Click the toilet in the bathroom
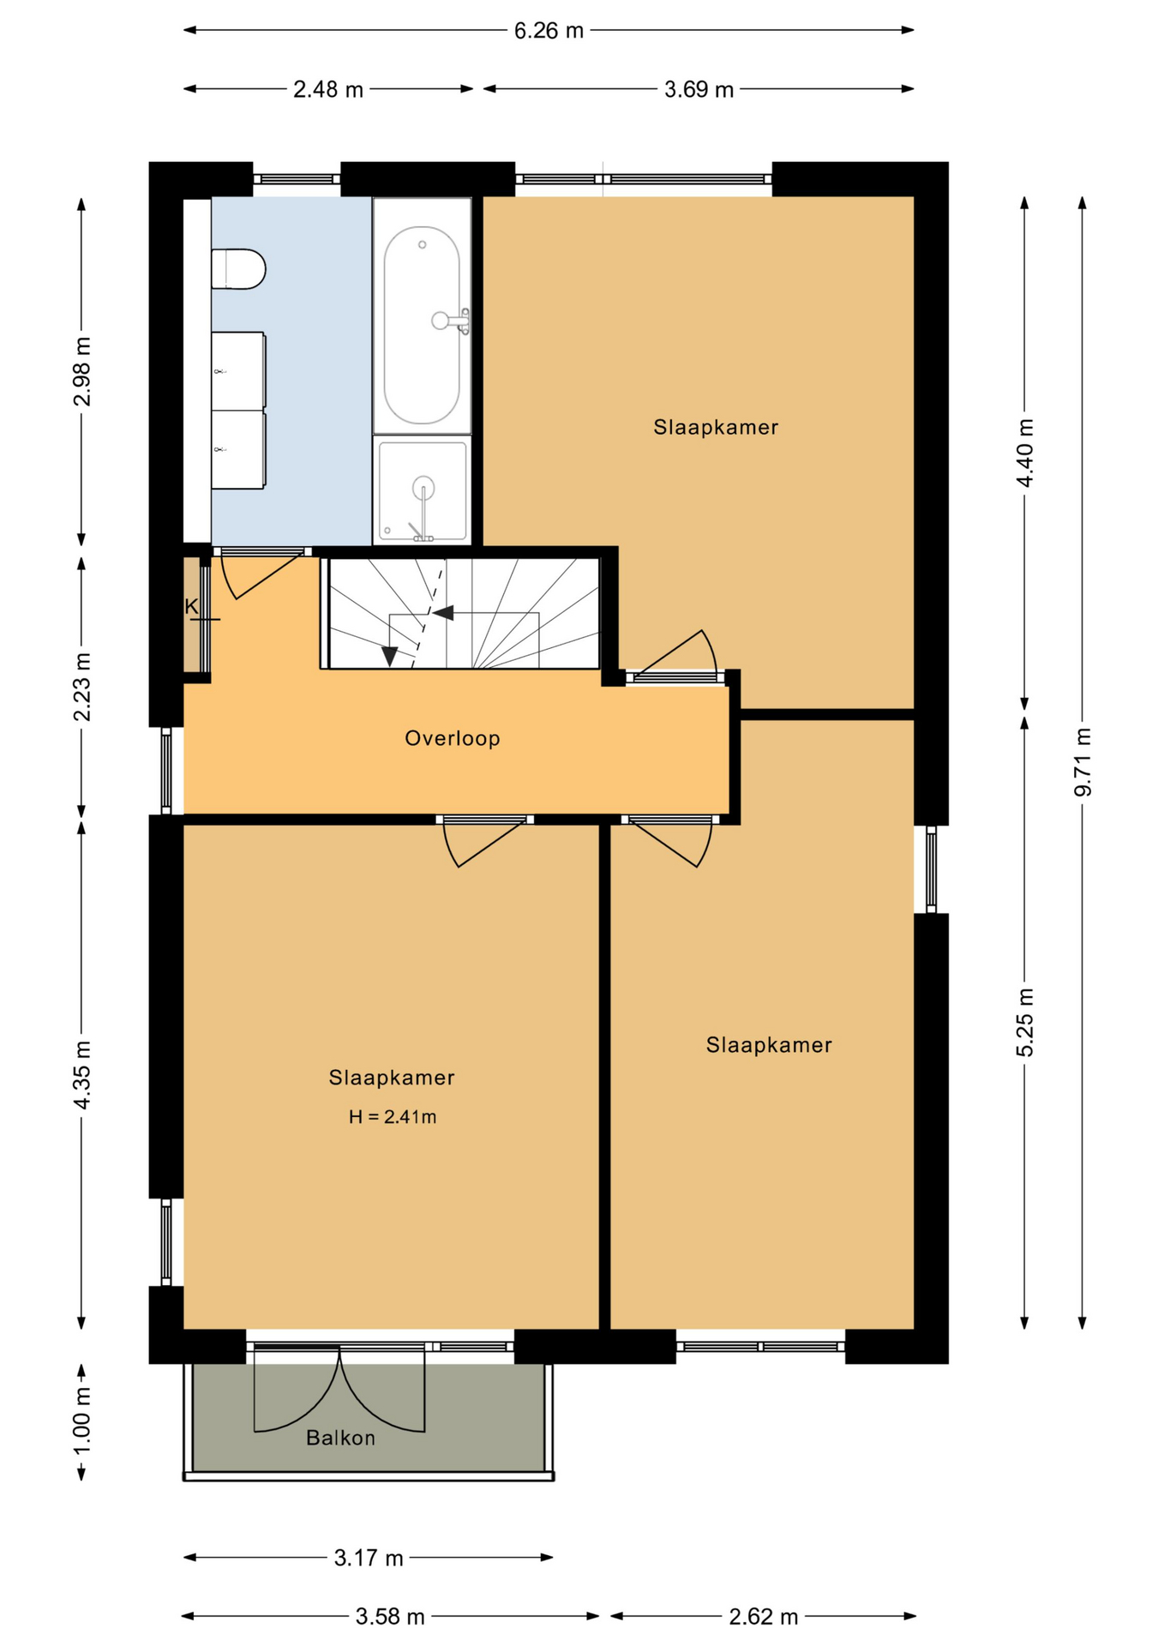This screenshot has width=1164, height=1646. point(238,268)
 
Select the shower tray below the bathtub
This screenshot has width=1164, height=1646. point(423,490)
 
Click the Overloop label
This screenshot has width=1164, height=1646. point(453,738)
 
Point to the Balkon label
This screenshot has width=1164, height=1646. point(341,1438)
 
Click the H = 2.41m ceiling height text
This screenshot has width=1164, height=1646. point(393,1116)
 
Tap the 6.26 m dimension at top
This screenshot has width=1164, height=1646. point(549,31)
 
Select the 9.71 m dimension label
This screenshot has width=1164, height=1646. point(1083,762)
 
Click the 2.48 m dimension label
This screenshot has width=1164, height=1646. point(328,89)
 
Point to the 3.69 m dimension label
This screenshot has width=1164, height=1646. point(699,89)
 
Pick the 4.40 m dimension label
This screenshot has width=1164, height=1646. point(1024,453)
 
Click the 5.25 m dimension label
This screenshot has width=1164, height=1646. point(1024,1022)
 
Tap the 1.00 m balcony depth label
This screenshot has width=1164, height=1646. point(81,1421)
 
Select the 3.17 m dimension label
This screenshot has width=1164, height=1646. point(369,1558)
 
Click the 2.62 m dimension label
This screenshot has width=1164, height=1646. point(764,1617)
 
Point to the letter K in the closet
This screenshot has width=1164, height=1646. point(191,607)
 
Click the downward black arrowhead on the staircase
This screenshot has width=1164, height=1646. point(389,656)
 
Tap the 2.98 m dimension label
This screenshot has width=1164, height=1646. point(81,371)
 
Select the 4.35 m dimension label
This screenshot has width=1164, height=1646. point(81,1075)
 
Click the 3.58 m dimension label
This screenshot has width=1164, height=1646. point(391,1617)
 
